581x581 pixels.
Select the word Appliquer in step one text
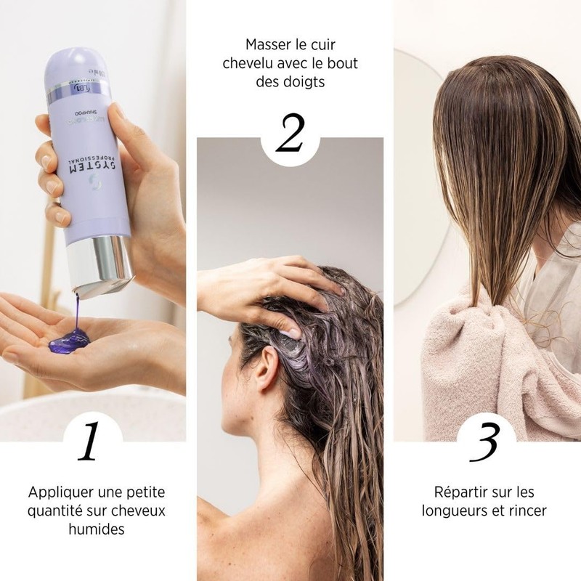pyautogui.click(x=59, y=491)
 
